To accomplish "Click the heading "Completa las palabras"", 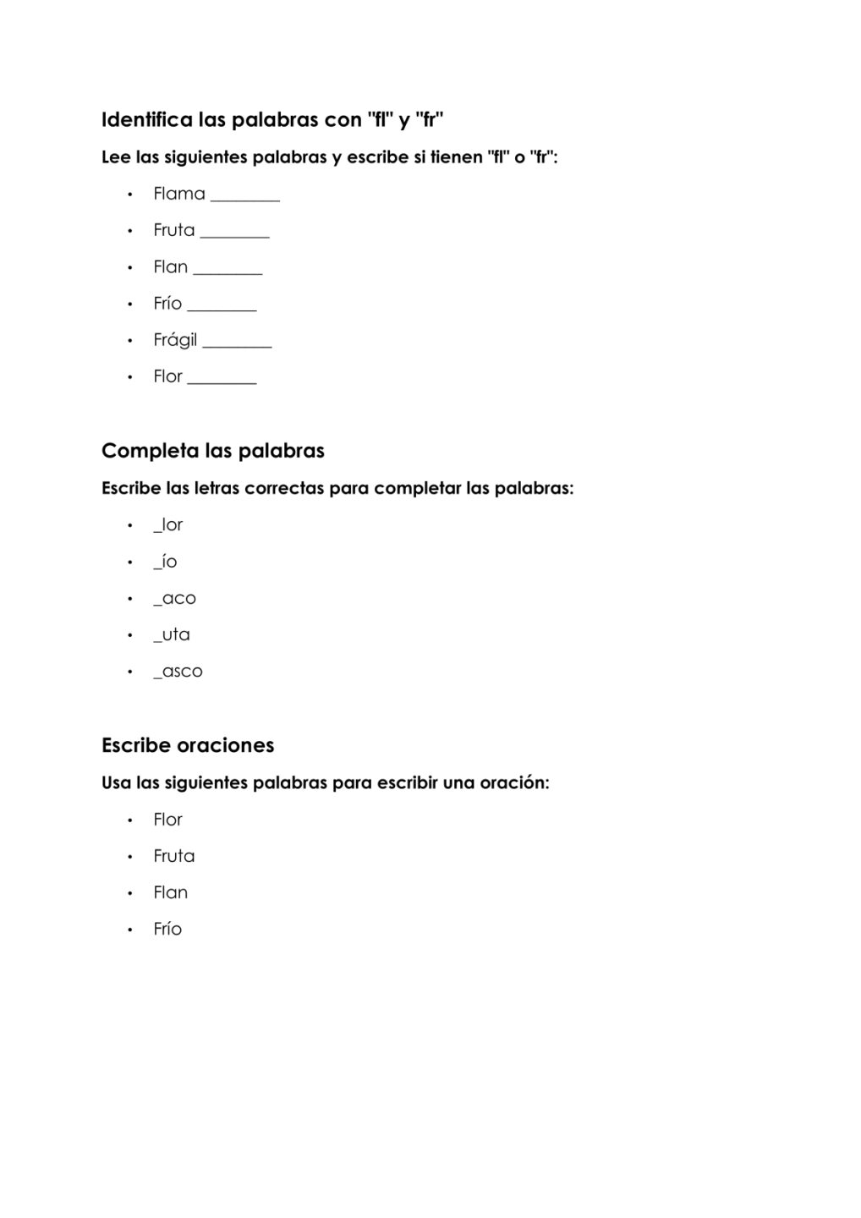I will click(x=212, y=451).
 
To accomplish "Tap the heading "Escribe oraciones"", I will click(x=188, y=745).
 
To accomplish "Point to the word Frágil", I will click(x=175, y=340).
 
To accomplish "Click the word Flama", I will click(x=179, y=194).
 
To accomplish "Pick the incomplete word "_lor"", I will click(x=168, y=525).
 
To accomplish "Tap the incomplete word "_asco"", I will click(x=178, y=672).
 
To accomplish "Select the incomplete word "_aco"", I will click(x=174, y=599).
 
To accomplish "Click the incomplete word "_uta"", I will click(x=172, y=635).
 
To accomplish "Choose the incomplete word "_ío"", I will click(x=165, y=562).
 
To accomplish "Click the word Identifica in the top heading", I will click(x=146, y=120).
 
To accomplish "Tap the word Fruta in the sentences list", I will click(x=174, y=856).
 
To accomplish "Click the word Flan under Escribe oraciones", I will click(x=171, y=892).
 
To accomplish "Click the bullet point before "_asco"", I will click(x=130, y=672).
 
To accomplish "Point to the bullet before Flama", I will click(x=130, y=195).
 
